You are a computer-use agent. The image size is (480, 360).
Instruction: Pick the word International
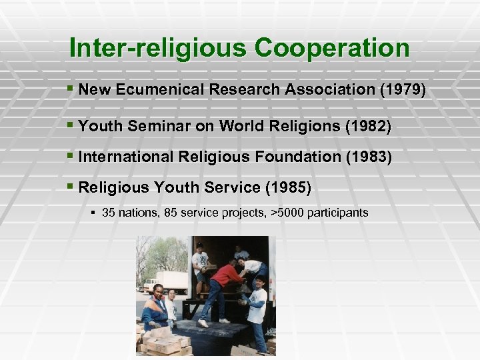[125, 157]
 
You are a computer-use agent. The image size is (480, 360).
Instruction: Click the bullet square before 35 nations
[94, 213]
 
